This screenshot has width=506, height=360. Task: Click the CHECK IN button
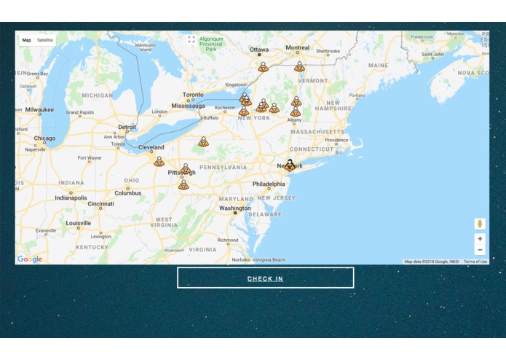(265, 278)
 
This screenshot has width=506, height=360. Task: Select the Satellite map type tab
(45, 40)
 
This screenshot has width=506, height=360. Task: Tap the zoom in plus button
(480, 238)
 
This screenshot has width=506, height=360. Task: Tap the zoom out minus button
(480, 250)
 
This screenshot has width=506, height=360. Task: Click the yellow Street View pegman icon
(480, 224)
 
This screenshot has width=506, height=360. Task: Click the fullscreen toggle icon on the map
(191, 39)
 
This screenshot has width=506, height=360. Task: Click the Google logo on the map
(30, 259)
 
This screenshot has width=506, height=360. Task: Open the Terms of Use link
(475, 262)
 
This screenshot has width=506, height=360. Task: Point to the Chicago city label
(44, 138)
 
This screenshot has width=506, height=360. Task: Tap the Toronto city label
(193, 95)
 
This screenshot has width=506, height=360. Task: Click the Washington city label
(235, 208)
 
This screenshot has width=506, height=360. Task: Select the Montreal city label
(297, 48)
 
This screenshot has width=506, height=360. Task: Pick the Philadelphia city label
(269, 184)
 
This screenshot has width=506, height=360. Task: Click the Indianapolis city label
(71, 197)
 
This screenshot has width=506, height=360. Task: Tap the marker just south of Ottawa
(263, 67)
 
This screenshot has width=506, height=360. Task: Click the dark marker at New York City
(290, 165)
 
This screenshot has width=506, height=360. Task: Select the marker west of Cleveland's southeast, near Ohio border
(159, 161)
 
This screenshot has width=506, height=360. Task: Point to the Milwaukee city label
(39, 109)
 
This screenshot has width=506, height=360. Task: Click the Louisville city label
(78, 224)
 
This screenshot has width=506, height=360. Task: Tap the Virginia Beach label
(269, 259)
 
